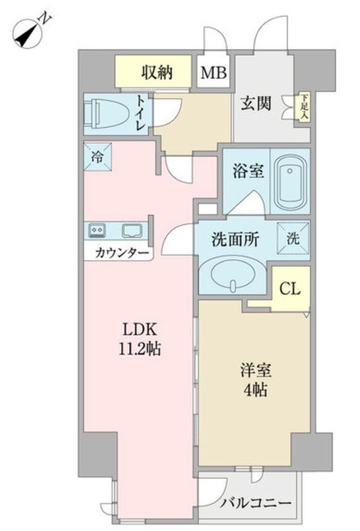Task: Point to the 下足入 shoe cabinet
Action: [x=304, y=108]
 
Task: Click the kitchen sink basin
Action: [x=132, y=231]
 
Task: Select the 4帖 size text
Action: [x=255, y=390]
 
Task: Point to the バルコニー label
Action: [x=257, y=503]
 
